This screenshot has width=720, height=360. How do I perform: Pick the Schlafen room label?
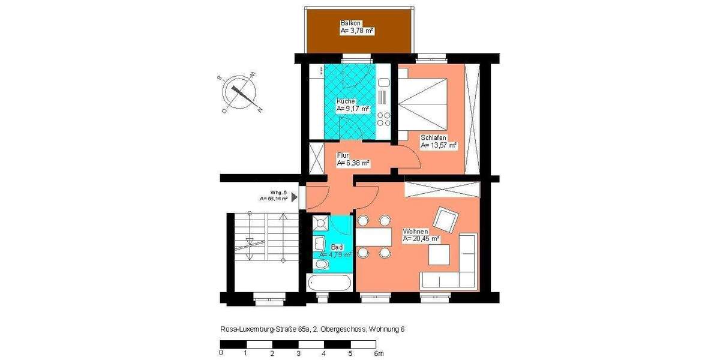433,137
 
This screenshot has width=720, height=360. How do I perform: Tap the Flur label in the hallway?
343,155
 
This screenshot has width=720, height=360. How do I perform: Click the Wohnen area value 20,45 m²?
422,239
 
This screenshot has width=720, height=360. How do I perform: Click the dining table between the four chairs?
372,237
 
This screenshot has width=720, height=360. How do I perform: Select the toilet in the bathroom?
322,264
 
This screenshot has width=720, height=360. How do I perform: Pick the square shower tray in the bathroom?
322,223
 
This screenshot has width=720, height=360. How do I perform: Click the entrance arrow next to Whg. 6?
295,196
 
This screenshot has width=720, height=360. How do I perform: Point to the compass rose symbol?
239,94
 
